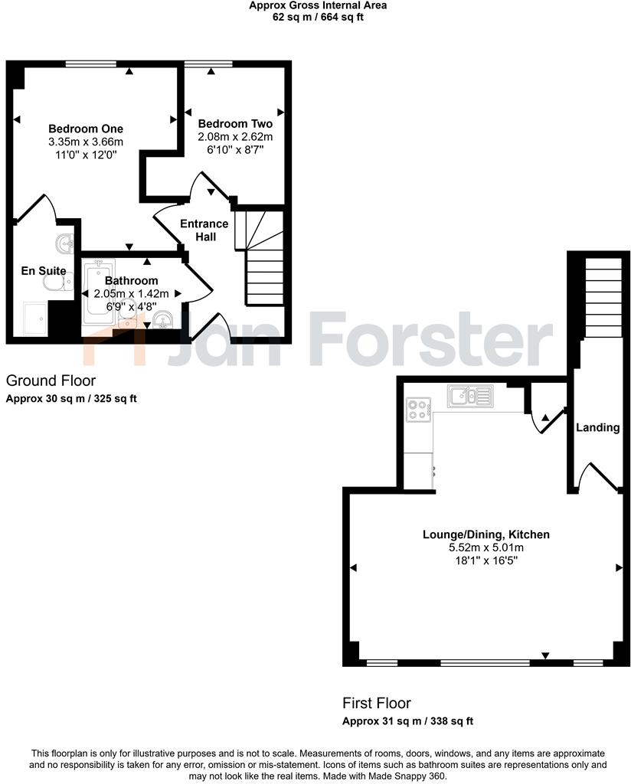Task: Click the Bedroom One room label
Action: pyautogui.click(x=86, y=129)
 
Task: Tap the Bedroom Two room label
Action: pyautogui.click(x=235, y=123)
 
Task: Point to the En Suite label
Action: pyautogui.click(x=43, y=270)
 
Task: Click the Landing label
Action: pyautogui.click(x=597, y=427)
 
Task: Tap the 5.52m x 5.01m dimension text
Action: pyautogui.click(x=486, y=547)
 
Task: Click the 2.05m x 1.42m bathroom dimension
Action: pyautogui.click(x=131, y=293)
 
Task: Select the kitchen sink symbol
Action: pyautogui.click(x=471, y=395)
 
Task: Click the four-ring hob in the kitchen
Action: pyautogui.click(x=419, y=410)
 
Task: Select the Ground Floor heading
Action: pyautogui.click(x=51, y=381)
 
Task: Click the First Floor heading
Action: pyautogui.click(x=377, y=703)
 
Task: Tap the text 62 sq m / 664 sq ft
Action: pyautogui.click(x=318, y=17)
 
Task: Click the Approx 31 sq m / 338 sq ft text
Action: pyautogui.click(x=407, y=721)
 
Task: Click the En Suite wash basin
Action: pyautogui.click(x=65, y=243)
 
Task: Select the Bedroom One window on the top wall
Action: pyautogui.click(x=90, y=64)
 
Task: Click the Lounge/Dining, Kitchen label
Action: pyautogui.click(x=486, y=534)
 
